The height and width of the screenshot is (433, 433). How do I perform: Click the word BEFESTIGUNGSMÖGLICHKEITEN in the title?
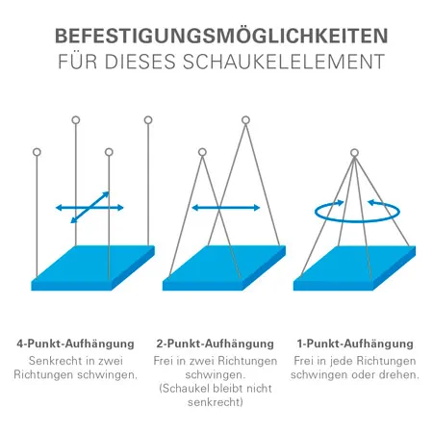(x=216, y=38)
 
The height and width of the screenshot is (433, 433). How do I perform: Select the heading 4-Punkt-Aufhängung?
(x=77, y=343)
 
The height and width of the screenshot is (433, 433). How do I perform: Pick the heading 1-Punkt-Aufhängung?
(x=354, y=343)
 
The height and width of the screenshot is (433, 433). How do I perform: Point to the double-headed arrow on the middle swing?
(x=225, y=207)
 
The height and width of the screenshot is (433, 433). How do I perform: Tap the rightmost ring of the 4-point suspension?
(x=148, y=120)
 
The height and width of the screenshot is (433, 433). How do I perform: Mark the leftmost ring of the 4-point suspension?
(x=37, y=152)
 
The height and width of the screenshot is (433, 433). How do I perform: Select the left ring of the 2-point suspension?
(x=202, y=152)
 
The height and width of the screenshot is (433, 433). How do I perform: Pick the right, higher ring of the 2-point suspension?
(x=245, y=120)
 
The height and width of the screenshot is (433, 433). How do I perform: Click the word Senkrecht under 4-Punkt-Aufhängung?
(x=57, y=360)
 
